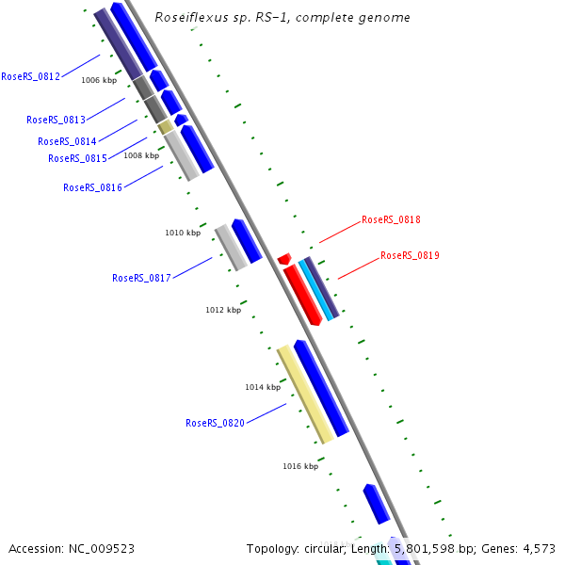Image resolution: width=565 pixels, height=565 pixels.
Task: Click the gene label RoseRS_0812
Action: point(30,76)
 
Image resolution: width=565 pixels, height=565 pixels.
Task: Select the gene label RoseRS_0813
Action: point(56,120)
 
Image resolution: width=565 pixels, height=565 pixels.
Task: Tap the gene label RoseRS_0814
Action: point(67,141)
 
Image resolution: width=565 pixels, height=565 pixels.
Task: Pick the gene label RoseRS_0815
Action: point(77,158)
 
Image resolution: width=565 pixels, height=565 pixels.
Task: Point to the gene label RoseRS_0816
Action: point(92,187)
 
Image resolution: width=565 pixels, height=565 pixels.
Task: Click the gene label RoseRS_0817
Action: point(141,278)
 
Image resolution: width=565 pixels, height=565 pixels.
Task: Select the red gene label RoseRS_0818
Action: point(391,219)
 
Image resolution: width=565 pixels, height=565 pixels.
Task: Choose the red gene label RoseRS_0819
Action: point(410,255)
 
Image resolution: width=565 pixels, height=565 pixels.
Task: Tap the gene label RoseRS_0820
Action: point(215,423)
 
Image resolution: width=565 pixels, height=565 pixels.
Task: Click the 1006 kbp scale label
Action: point(99,80)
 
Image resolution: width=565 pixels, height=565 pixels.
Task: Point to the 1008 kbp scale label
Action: point(141,155)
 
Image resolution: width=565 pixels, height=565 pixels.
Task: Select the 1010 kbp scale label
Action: point(183,233)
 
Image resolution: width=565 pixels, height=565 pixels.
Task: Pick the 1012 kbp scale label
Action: point(223,310)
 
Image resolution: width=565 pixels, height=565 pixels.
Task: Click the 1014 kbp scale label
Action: point(263,387)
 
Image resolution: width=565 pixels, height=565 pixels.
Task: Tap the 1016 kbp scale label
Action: point(300,466)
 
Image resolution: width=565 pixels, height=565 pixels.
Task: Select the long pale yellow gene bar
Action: point(305,394)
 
